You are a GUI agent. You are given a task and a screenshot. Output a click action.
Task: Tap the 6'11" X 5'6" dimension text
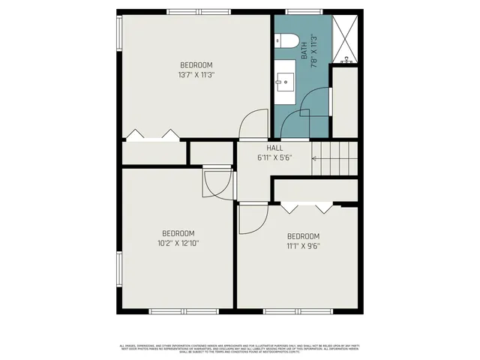(274, 158)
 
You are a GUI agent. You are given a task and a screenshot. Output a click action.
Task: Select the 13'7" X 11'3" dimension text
(196, 75)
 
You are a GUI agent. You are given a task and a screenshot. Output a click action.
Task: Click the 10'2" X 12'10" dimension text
(178, 243)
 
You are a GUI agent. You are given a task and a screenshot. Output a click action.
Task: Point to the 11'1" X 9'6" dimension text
(303, 245)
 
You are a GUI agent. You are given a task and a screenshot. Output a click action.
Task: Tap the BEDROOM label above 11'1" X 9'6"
(303, 235)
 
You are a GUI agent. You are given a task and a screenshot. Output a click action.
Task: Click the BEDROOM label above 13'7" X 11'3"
(196, 64)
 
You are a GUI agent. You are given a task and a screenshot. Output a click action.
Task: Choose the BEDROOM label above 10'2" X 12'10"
(178, 233)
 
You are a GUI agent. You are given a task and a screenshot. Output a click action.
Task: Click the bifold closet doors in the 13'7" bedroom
(153, 136)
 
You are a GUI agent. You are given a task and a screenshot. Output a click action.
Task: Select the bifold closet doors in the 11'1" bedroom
(304, 206)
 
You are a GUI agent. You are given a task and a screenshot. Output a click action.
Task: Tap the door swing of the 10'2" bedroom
(217, 184)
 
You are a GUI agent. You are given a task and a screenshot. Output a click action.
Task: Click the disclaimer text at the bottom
(239, 348)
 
